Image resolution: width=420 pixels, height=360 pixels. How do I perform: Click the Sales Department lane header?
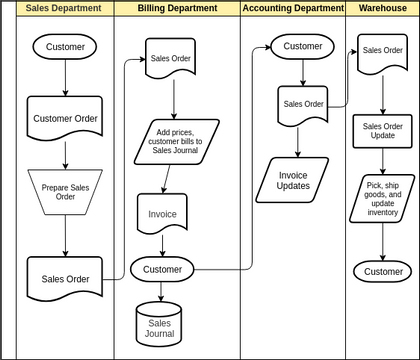[x=64, y=9]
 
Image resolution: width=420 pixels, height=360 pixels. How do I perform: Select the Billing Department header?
[x=176, y=9]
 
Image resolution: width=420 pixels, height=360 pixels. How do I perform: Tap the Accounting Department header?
[x=293, y=9]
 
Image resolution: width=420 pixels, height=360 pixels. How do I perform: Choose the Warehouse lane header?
[x=382, y=9]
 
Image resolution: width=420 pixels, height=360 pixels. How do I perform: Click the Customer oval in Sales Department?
[x=66, y=47]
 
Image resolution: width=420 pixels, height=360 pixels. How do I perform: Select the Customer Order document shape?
[x=66, y=118]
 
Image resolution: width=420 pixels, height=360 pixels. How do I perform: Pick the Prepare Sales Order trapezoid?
[x=66, y=191]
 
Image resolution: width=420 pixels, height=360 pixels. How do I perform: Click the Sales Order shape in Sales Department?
[x=66, y=277]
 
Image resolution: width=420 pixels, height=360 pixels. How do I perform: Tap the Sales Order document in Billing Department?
[x=170, y=59]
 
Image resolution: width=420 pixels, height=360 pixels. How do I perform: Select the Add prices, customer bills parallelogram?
[x=176, y=142]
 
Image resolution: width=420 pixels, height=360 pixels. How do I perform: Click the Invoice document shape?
[x=162, y=214]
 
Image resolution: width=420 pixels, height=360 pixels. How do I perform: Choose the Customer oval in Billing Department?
[x=163, y=270]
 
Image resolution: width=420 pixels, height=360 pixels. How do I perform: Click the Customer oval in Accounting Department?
[x=303, y=47]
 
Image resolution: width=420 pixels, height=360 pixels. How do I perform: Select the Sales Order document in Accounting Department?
[x=303, y=104]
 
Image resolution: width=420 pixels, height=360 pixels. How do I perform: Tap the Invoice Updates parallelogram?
[x=293, y=180]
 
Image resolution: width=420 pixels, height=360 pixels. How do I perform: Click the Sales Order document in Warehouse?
[x=383, y=51]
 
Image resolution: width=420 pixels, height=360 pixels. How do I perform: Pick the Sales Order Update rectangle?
[x=383, y=131]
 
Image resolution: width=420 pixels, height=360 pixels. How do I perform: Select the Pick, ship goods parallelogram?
[x=383, y=199]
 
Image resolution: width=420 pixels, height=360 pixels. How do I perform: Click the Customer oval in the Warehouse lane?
[x=383, y=271]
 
